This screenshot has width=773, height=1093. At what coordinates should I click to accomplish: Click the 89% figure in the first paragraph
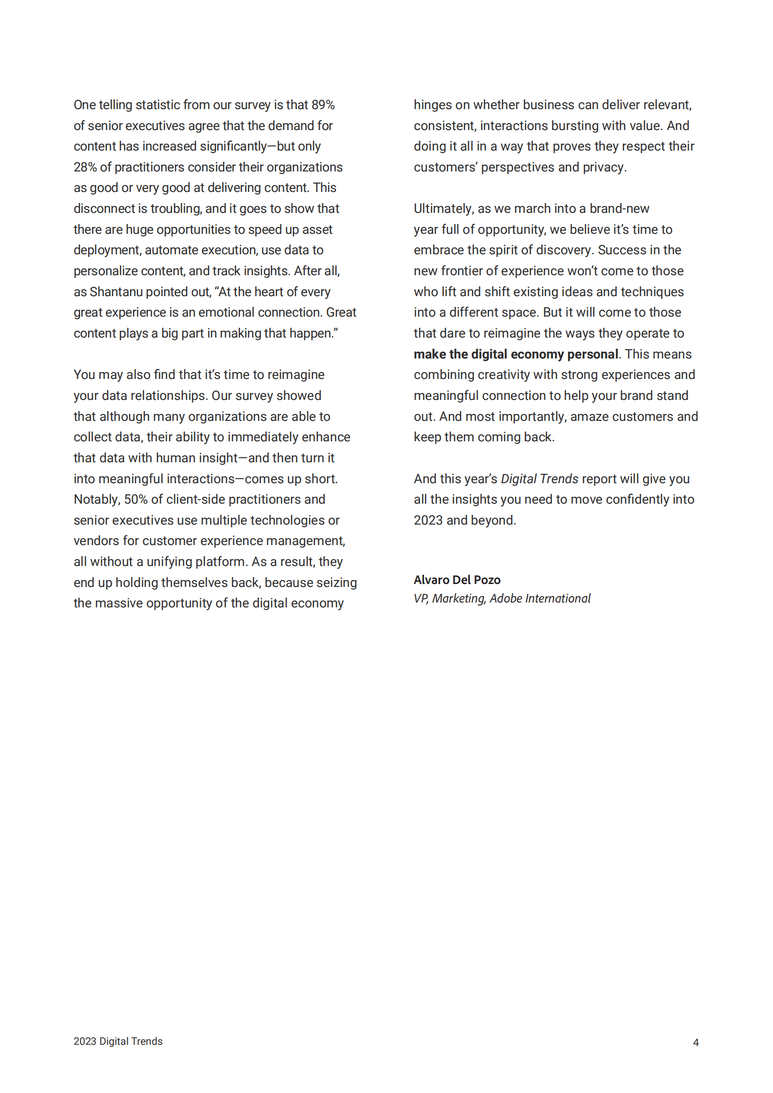point(323,105)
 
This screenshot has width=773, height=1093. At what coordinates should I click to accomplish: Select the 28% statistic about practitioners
point(85,167)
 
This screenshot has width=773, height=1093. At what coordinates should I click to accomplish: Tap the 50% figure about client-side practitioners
point(135,499)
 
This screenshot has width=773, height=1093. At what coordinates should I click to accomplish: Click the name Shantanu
point(116,292)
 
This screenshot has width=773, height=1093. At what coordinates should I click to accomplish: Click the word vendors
point(96,541)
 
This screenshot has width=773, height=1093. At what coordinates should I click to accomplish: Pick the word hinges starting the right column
point(432,105)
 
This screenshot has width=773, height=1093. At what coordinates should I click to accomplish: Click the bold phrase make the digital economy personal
point(516,354)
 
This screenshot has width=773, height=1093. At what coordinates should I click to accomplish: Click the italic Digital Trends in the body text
point(539,479)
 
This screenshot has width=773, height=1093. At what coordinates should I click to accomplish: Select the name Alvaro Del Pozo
point(457,580)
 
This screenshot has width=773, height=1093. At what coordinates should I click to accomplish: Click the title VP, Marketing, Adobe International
point(502,598)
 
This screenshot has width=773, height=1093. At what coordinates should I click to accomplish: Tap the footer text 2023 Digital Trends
point(118,1041)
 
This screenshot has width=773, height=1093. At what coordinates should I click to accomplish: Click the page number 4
point(696,1042)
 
